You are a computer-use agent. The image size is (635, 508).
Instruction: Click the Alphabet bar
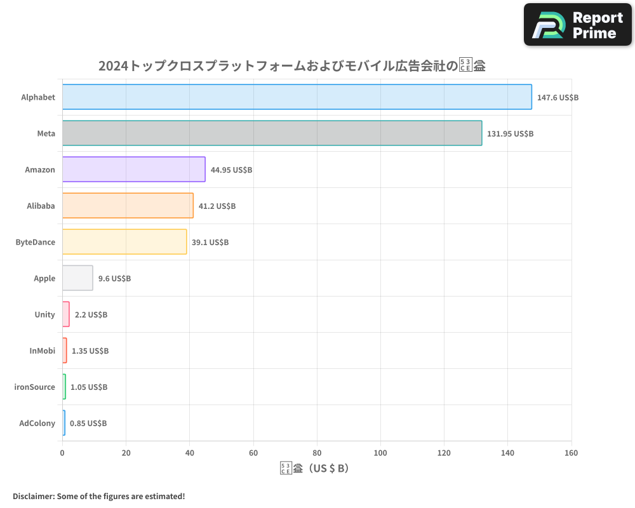(x=297, y=97)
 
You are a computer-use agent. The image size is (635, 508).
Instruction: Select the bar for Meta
(x=272, y=133)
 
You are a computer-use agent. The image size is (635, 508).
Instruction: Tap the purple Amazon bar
(x=133, y=170)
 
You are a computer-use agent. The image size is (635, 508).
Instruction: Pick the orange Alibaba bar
(x=128, y=206)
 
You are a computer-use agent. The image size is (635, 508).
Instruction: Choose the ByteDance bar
(x=124, y=242)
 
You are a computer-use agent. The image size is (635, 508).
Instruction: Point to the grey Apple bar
(x=77, y=278)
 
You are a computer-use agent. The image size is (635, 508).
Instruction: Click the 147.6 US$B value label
(x=558, y=98)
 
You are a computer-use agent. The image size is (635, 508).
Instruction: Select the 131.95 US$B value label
(x=510, y=134)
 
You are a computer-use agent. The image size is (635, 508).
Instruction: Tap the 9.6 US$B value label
(x=114, y=279)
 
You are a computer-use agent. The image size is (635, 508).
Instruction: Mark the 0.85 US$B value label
(x=88, y=424)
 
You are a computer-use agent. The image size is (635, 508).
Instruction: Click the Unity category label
(x=45, y=314)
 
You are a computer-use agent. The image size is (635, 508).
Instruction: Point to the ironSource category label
(x=35, y=387)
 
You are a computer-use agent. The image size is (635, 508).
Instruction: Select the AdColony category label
(x=37, y=423)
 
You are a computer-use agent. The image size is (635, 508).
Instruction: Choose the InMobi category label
(x=43, y=351)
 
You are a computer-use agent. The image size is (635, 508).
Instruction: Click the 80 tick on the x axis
(x=317, y=453)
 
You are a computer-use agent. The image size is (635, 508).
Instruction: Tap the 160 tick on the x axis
(x=571, y=453)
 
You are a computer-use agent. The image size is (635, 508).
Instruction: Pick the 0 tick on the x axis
(x=62, y=453)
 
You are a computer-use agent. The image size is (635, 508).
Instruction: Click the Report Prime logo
(x=578, y=25)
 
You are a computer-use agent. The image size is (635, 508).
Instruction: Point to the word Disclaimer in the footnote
(x=33, y=497)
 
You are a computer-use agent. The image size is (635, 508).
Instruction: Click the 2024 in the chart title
(x=112, y=65)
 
